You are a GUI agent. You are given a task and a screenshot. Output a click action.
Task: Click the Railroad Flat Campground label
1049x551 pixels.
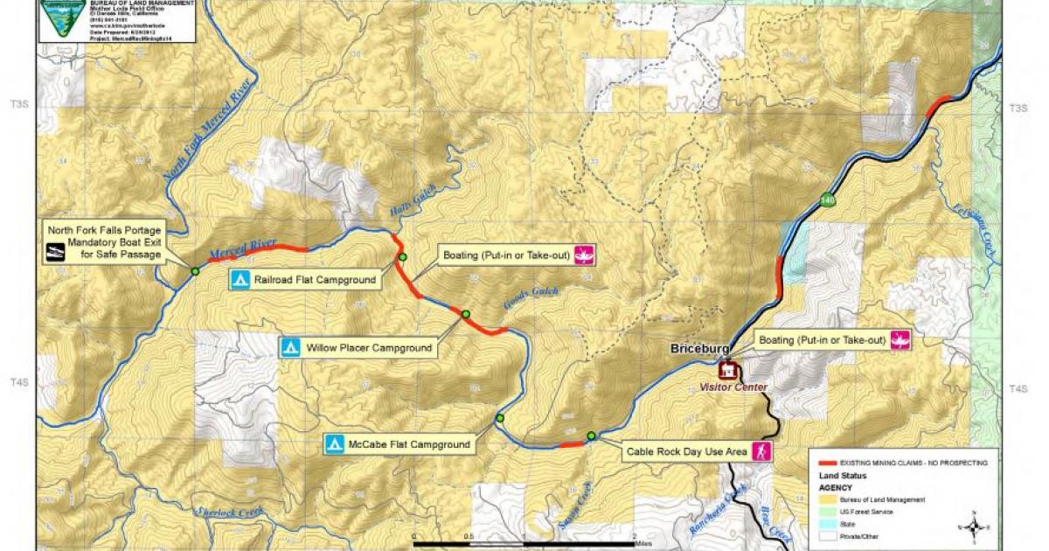pyautogui.click(x=316, y=281)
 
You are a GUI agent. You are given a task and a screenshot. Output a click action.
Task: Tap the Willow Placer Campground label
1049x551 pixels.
pyautogui.click(x=369, y=348)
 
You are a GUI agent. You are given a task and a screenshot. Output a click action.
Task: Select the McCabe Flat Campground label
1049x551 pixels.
pyautogui.click(x=408, y=444)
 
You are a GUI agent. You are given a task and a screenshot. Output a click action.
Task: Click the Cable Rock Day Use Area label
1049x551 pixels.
pyautogui.click(x=687, y=452)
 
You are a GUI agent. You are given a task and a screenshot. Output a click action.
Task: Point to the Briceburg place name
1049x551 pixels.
pyautogui.click(x=700, y=349)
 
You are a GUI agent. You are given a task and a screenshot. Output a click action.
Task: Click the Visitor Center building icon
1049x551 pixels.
pyautogui.click(x=727, y=372)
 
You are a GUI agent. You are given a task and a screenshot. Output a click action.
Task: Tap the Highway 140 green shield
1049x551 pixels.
pyautogui.click(x=828, y=201)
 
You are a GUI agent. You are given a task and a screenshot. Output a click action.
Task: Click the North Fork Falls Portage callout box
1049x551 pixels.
pyautogui.click(x=105, y=242)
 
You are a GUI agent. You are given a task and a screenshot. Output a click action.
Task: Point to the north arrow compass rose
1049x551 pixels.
pyautogui.click(x=972, y=525)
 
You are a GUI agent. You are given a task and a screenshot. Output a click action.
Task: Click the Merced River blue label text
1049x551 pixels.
pyautogui.click(x=243, y=248)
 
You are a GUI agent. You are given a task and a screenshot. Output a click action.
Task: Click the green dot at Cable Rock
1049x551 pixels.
pyautogui.click(x=592, y=436)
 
